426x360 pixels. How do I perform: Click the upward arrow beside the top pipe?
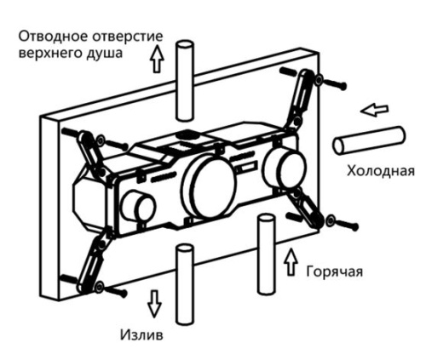pos(156,58)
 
